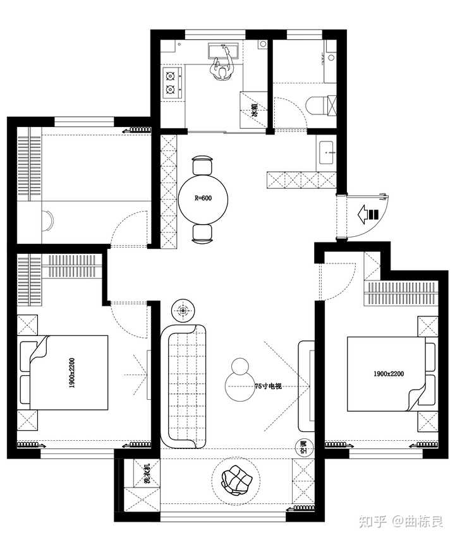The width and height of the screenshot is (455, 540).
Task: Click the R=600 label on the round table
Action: pos(203,198)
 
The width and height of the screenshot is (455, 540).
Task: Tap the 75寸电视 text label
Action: pos(268,386)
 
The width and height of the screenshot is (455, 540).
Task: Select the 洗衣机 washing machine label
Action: pos(147,474)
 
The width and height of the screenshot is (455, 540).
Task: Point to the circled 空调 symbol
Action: pos(305,447)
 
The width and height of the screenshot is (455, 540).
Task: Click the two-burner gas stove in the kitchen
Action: pos(172,83)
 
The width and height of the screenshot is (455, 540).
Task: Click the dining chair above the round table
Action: pos(202,165)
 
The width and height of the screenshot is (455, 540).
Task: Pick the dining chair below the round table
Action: pos(202,234)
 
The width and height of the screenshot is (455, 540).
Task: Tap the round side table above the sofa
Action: pos(183,311)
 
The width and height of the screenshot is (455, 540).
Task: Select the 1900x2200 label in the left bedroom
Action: pos(71,373)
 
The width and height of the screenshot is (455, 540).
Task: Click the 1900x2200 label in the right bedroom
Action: pos(389,373)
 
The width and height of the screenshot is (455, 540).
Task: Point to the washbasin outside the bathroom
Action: pos(326,153)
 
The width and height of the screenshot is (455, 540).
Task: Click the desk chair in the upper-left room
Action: pos(47,220)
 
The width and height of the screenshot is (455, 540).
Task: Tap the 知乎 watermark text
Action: pos(373,522)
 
